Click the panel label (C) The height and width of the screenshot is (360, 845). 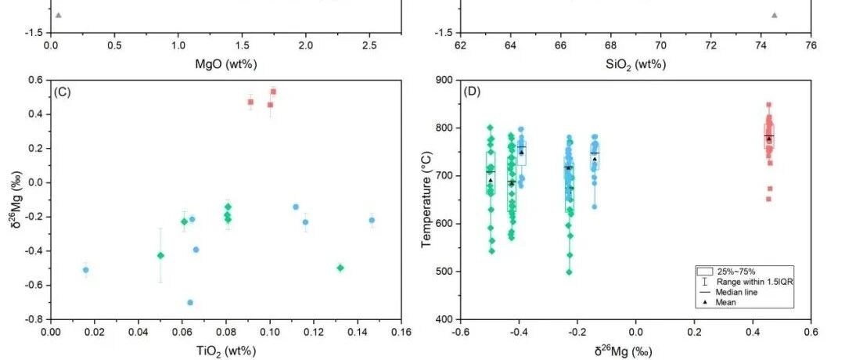click(63, 92)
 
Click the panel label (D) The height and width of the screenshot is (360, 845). click(472, 92)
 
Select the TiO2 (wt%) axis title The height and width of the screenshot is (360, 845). click(226, 351)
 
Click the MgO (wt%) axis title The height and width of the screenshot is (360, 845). click(226, 64)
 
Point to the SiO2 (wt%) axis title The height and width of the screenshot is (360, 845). click(635, 65)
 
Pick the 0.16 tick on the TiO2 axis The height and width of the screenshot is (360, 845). click(401, 331)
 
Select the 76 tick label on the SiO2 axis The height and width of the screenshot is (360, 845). click(811, 45)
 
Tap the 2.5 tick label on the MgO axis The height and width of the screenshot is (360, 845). click(369, 45)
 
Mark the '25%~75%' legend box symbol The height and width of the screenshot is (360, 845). click(705, 271)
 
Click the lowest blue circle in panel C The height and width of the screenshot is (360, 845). click(189, 302)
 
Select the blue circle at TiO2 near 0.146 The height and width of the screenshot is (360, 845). click(372, 220)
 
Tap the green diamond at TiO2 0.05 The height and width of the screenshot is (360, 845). click(160, 255)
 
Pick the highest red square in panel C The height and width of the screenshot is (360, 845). click(273, 92)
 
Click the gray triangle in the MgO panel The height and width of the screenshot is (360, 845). click(58, 15)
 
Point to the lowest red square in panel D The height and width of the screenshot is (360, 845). click(769, 199)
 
